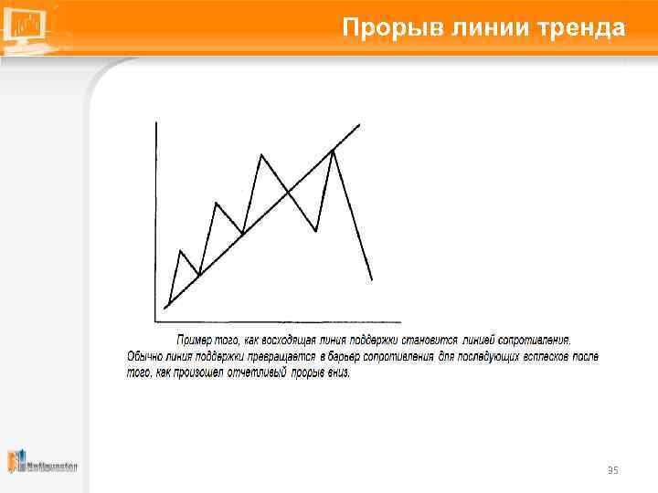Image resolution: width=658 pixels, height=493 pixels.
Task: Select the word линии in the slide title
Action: click(x=485, y=28)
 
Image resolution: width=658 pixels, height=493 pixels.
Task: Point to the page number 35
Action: click(x=612, y=470)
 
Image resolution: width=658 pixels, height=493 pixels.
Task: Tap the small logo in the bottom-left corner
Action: click(x=42, y=463)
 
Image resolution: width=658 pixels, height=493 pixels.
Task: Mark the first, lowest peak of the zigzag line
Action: click(x=181, y=250)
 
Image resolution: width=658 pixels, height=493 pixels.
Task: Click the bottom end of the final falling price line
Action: click(x=372, y=279)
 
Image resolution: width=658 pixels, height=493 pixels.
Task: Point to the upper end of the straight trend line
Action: click(x=359, y=124)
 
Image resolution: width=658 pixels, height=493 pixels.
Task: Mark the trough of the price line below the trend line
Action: click(x=316, y=231)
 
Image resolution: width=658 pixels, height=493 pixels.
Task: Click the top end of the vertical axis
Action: click(x=157, y=122)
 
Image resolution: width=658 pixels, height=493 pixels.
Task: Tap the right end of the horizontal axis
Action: click(x=400, y=321)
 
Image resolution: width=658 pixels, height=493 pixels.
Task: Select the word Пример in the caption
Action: click(x=194, y=340)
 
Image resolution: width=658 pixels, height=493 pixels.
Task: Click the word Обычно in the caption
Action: click(x=143, y=356)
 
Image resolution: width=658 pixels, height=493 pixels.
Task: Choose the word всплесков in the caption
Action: click(x=546, y=356)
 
